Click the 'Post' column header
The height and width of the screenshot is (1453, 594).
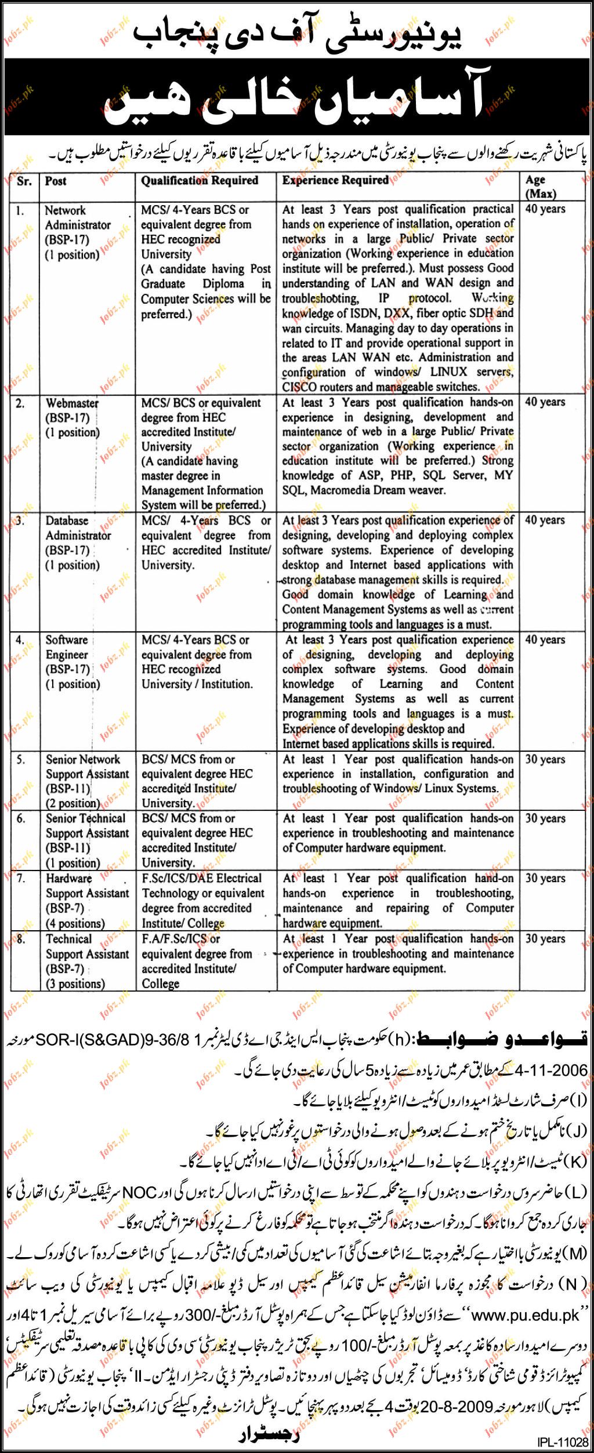click(56, 181)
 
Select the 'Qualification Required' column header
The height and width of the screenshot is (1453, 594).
click(200, 181)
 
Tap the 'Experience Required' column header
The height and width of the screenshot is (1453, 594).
click(335, 180)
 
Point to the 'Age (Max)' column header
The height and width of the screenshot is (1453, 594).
click(541, 187)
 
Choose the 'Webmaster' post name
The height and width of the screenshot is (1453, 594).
click(72, 403)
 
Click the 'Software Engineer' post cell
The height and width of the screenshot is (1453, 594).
click(67, 647)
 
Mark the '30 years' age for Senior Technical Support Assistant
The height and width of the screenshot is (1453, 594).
click(545, 818)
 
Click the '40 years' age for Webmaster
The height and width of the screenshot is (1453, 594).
click(545, 402)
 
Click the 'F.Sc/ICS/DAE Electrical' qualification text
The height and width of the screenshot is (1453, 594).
click(201, 879)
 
